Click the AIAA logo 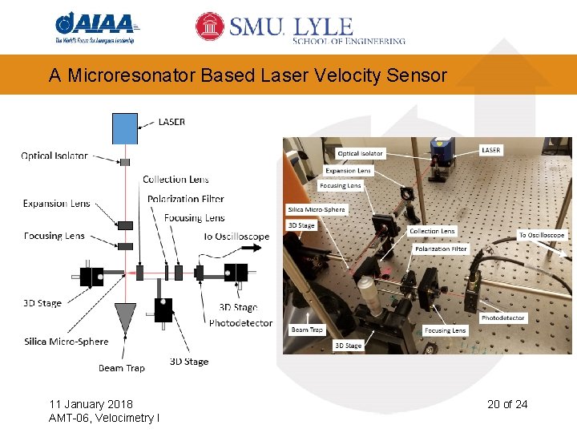coord(95,26)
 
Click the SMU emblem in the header coord(210,26)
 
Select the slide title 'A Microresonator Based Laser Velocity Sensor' coord(248,75)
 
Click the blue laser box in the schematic coord(125,128)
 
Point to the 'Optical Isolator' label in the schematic coord(54,156)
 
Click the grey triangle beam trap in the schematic coord(126,318)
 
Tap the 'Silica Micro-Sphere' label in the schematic coord(66,342)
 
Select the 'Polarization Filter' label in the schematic coord(186,199)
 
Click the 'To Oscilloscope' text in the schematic coord(236,237)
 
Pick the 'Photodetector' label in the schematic coord(240,323)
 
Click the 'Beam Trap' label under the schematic coord(122,368)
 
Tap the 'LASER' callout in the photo coord(491,150)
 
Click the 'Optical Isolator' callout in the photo coord(361,153)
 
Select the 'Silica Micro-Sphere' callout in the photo coord(317,210)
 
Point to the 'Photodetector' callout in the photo coord(502,318)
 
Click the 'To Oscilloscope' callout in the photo coord(542,235)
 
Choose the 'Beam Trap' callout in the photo coord(306,330)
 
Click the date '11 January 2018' coord(91,403)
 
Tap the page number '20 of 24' coord(507,403)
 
